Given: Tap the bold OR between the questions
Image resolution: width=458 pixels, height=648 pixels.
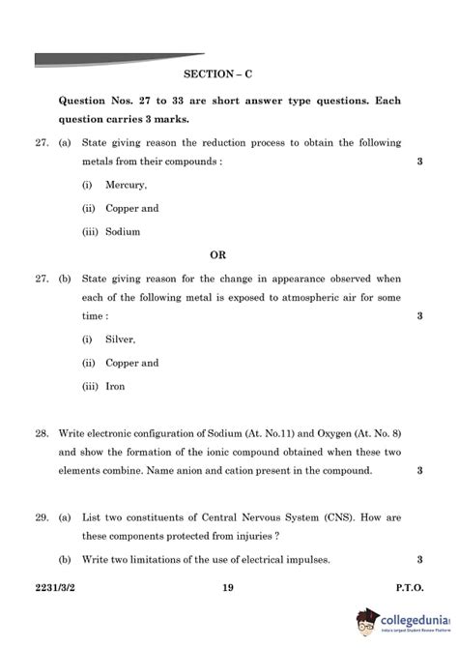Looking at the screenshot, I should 217,254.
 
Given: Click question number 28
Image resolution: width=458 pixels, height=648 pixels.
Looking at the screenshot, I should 42,433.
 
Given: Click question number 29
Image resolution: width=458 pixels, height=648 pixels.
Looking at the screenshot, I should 42,519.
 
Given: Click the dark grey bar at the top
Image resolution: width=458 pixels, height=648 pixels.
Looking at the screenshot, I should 116,59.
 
